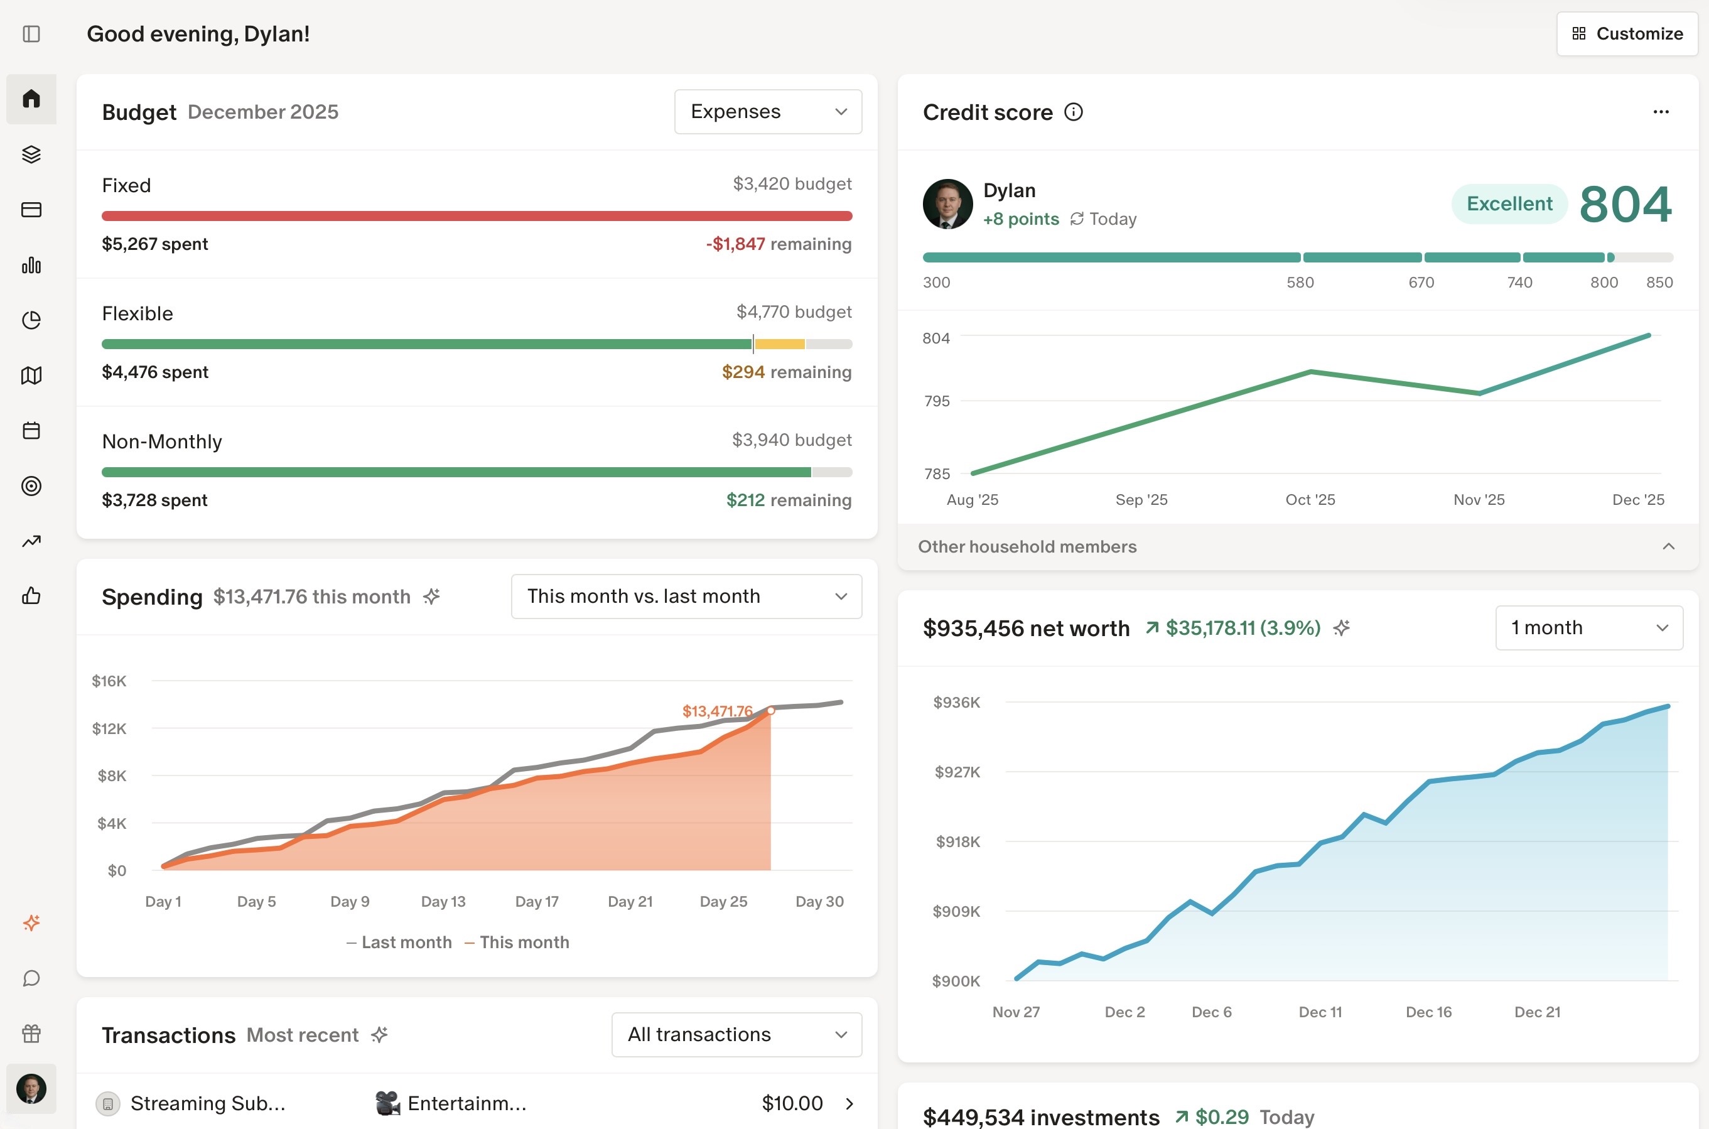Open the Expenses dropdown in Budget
coord(767,112)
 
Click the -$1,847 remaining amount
coord(735,244)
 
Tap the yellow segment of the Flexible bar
coord(779,344)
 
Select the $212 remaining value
coord(745,500)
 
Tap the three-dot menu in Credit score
coord(1660,112)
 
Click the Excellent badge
coord(1509,204)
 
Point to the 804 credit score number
coord(1625,205)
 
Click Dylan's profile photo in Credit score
coord(947,205)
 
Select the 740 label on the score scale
coord(1519,283)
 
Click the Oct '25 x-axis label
coord(1310,500)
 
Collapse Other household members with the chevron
coord(1668,546)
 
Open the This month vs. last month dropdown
coord(686,596)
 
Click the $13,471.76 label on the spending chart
coord(716,711)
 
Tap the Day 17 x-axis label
coord(536,902)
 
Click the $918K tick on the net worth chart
coord(957,841)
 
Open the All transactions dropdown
coord(736,1035)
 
